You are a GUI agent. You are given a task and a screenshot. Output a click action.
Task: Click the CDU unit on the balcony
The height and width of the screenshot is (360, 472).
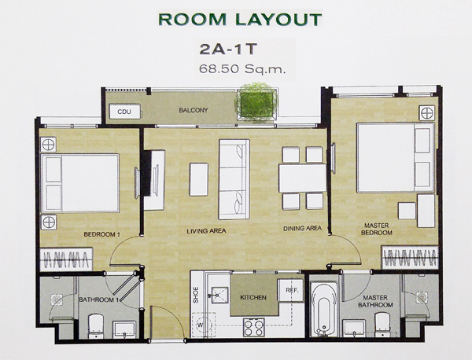click(124, 112)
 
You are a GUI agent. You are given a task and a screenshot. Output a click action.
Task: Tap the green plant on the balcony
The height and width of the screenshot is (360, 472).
click(256, 103)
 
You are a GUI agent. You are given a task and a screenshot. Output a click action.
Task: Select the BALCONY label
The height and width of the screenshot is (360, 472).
click(194, 110)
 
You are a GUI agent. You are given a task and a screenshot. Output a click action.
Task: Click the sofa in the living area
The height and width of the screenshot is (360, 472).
click(234, 179)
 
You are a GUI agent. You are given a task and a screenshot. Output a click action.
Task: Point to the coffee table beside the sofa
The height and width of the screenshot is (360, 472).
click(199, 179)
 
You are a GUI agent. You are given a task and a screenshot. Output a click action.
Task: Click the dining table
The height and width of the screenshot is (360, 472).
click(303, 178)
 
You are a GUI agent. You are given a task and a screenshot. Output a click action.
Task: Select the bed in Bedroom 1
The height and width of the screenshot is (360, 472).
click(80, 183)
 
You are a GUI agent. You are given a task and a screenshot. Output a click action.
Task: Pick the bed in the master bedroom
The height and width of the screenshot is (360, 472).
click(395, 157)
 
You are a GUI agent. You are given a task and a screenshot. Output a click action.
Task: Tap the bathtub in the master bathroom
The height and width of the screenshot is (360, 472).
click(323, 309)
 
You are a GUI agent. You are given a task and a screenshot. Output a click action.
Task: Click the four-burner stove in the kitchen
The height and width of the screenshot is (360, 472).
click(254, 327)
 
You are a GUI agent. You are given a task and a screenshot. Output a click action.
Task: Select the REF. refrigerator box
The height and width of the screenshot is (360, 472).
click(291, 290)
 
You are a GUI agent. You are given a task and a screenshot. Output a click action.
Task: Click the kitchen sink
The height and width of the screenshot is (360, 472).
click(219, 296)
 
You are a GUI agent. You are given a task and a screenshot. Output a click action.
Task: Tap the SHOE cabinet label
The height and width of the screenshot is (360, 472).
click(196, 295)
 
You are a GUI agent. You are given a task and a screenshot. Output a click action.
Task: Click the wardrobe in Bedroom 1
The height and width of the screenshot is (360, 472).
click(66, 259)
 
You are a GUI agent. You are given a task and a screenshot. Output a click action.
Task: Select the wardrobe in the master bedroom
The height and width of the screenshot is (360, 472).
click(410, 258)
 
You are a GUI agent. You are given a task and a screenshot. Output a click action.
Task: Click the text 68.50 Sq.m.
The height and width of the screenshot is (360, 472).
click(242, 69)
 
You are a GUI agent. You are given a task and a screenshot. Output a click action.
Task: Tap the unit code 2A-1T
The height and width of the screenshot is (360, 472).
click(228, 50)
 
